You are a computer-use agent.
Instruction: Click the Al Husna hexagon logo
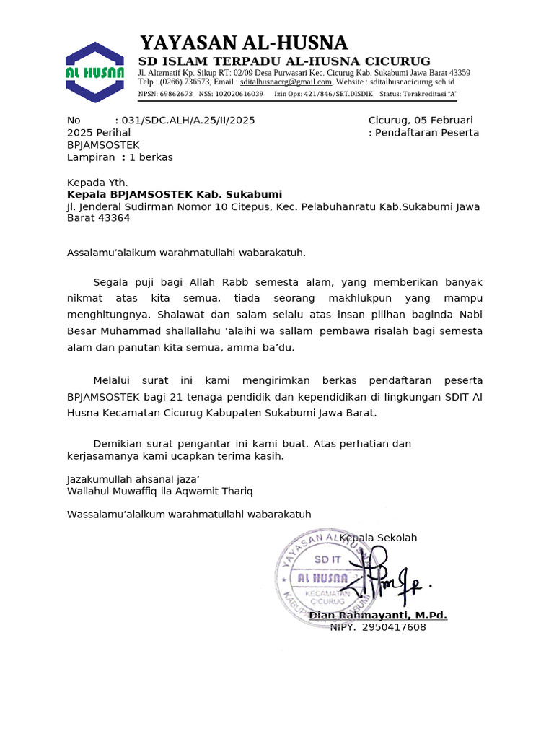(x=94, y=72)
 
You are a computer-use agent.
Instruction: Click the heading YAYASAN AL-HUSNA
(x=243, y=43)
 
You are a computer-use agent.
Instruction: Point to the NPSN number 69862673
(x=175, y=94)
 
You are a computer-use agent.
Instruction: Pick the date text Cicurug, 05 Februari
(x=421, y=121)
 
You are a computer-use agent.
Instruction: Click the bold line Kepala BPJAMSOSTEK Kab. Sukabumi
(x=175, y=195)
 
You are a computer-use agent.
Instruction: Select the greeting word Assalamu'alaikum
(x=111, y=253)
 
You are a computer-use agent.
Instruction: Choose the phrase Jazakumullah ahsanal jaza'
(x=133, y=479)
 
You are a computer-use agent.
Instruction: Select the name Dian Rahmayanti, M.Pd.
(x=378, y=615)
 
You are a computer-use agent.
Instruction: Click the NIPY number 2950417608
(x=394, y=627)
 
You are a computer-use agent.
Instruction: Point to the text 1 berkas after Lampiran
(x=151, y=157)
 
